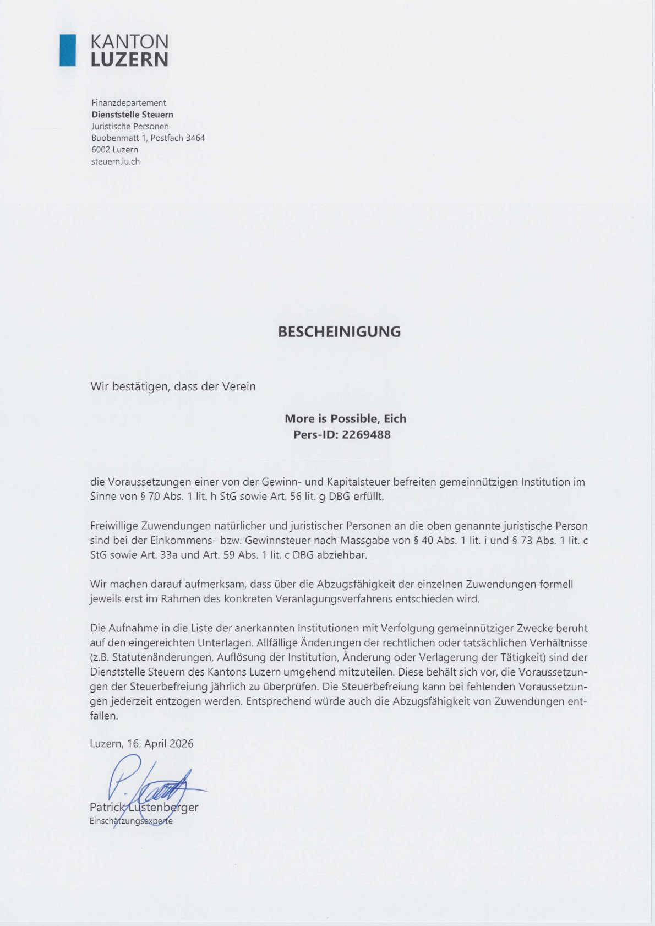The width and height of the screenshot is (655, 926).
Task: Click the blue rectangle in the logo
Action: coord(68,50)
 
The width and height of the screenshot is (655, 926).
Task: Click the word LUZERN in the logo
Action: coord(129,59)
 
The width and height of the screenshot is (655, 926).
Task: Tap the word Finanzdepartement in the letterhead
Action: coord(128,103)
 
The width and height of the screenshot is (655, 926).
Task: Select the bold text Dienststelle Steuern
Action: coord(132,115)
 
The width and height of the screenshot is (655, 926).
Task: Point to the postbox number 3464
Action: coord(195,138)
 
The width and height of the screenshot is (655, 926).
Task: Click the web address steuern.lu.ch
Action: coord(116,161)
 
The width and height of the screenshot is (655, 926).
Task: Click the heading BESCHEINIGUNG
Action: coord(339,332)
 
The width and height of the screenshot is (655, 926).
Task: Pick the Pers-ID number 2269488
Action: coord(366,435)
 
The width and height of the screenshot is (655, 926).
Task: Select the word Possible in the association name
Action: coord(354,419)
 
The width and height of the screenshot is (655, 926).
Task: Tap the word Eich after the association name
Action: coord(395,419)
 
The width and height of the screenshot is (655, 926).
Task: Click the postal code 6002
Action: coord(101,150)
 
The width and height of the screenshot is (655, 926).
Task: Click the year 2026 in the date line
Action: coord(181,744)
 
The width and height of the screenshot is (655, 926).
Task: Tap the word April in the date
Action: coord(155,744)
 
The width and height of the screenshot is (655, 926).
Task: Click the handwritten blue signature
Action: coord(149,785)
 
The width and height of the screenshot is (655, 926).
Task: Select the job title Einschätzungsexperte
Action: coord(131,821)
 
